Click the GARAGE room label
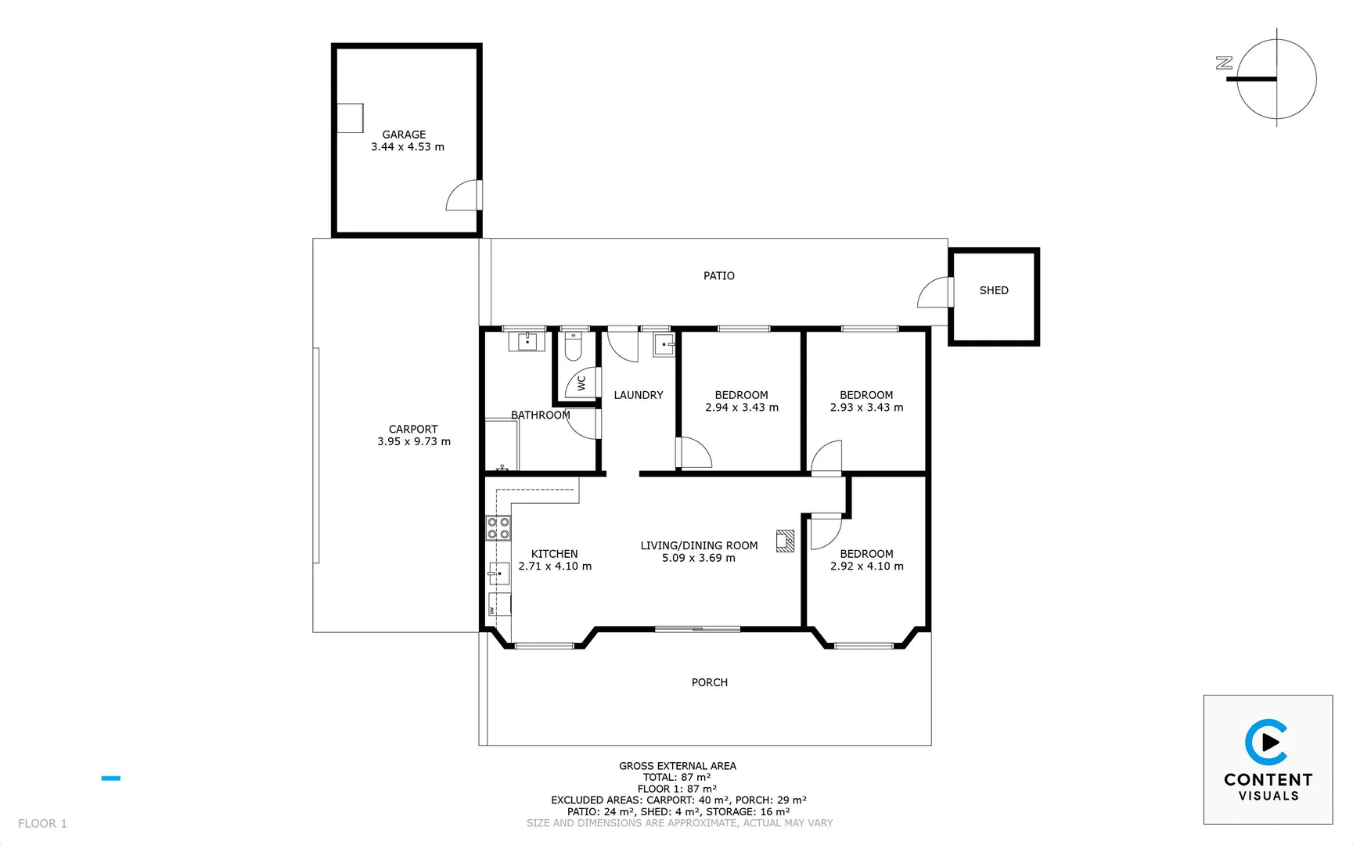(x=404, y=135)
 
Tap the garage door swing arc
(x=463, y=196)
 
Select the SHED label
(x=994, y=290)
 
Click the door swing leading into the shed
(x=934, y=293)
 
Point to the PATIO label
(x=718, y=275)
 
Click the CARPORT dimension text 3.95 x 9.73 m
(x=414, y=441)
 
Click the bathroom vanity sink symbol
(x=527, y=342)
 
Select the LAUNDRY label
(x=638, y=395)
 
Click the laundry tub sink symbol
(x=664, y=344)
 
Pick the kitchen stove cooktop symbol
(x=498, y=528)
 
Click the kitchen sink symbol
(x=498, y=574)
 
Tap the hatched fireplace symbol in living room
(x=785, y=541)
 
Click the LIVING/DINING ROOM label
(x=699, y=545)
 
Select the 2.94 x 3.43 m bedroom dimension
(x=742, y=408)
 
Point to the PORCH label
(x=709, y=682)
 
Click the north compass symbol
(x=1276, y=79)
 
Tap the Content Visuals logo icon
(x=1266, y=742)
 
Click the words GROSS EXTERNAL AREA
(x=677, y=766)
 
